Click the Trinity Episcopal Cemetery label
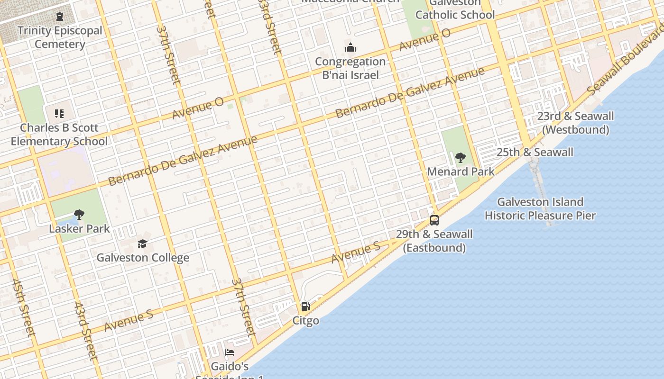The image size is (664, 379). coord(60,37)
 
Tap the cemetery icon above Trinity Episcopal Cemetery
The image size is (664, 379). coord(60,17)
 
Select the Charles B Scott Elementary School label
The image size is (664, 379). coord(59,135)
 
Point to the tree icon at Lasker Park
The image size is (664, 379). coord(79,215)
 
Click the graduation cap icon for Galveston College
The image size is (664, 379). coord(143,244)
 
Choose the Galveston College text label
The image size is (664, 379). coord(143,258)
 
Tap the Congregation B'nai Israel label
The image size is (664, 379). coord(350,68)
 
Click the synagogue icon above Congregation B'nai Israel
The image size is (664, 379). coord(350,47)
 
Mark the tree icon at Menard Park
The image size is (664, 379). coord(460,158)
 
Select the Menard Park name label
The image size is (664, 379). coord(461,171)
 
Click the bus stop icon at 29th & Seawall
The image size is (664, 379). coord(434,220)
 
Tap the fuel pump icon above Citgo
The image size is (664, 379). coord(306,307)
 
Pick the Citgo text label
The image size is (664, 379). coord(306,321)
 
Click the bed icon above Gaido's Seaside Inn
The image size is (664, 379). coord(230,352)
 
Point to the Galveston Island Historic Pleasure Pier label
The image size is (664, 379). coord(540,209)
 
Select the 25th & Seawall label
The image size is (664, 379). coord(535,152)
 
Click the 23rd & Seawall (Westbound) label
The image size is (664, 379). coord(575,123)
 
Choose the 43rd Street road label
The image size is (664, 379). coord(86,331)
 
